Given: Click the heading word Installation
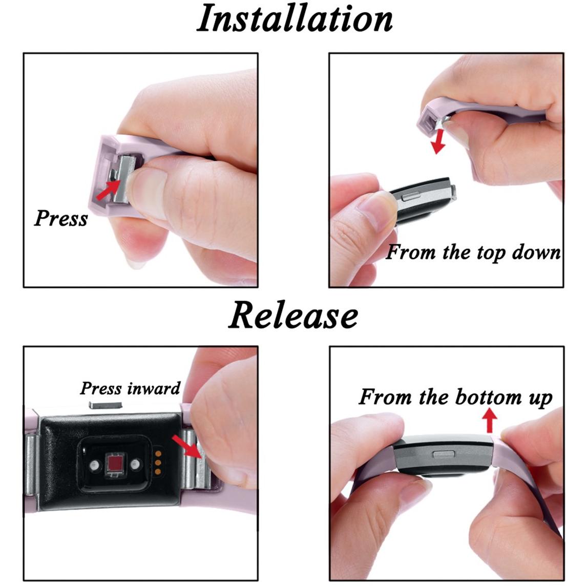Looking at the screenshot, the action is pos(295,19).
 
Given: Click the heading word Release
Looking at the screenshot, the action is pos(293,315).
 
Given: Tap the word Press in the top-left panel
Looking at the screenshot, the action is pos(61,218).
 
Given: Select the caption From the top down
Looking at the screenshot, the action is pos(473,253).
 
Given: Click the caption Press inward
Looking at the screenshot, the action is pos(130,388).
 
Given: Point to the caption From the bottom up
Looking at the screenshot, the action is pos(455,397).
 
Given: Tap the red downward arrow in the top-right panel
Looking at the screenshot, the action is pos(438,141).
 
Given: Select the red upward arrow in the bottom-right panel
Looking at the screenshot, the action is pos(489,421).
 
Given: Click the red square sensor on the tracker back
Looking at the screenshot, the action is pos(115,465).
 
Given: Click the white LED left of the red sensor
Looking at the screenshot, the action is pos(94,465).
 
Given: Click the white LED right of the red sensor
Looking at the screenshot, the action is pos(135,465).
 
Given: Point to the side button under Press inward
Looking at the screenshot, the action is pos(106,405).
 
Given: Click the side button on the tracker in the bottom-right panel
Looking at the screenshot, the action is pos(444,454).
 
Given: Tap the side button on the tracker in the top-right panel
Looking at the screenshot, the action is pos(410,196).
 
